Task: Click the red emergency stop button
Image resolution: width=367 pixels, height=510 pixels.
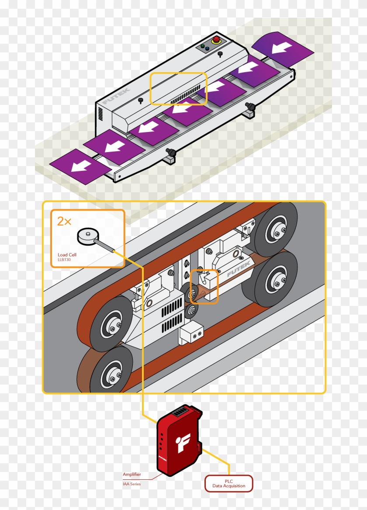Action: (216, 40)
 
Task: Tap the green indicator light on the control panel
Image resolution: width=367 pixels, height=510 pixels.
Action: (202, 45)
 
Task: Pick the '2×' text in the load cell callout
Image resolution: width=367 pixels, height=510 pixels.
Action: (64, 221)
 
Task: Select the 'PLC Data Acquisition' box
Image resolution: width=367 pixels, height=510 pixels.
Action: (229, 483)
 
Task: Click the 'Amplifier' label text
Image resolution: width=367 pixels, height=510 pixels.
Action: (132, 474)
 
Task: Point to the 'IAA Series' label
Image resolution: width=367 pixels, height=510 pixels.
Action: (132, 483)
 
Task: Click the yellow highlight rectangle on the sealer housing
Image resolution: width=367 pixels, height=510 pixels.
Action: (178, 89)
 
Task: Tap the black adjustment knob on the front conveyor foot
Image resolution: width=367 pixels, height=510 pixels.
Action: (172, 152)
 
